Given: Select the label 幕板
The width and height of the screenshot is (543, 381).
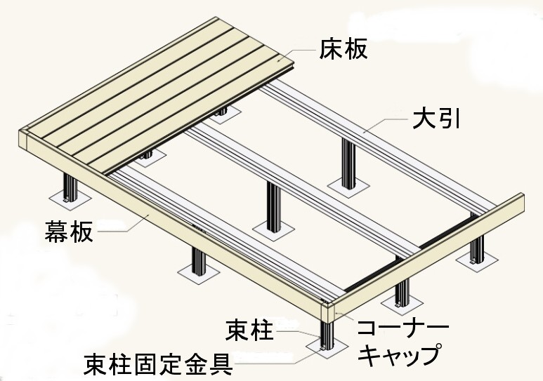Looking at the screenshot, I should point(69,231).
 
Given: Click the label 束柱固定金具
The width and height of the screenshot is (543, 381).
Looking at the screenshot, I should point(159,364).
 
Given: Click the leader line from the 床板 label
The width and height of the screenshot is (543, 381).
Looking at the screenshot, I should point(302,53).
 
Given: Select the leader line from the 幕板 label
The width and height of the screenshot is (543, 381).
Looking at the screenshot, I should point(119,228).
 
